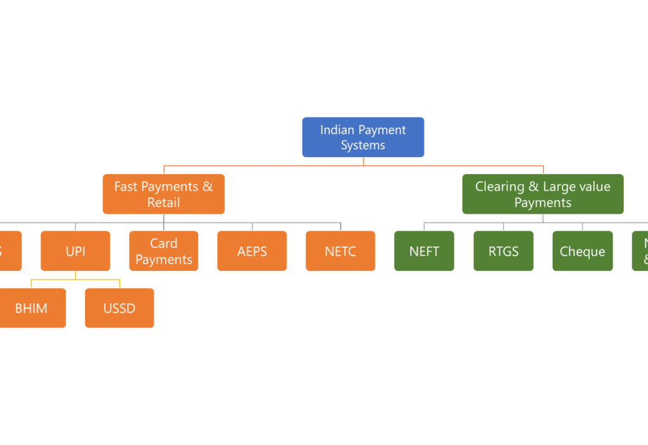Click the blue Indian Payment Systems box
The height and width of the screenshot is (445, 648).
tap(363, 137)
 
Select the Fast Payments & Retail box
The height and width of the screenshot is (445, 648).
tap(163, 194)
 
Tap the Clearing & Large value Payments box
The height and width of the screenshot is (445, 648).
tap(543, 194)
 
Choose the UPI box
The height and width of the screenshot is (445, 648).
tap(75, 251)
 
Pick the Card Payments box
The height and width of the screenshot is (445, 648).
tap(163, 251)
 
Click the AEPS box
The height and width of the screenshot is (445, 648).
tap(252, 251)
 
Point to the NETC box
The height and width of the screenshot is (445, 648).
tap(340, 251)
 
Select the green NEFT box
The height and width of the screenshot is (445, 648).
tap(424, 251)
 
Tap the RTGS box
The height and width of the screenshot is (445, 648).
tap(503, 251)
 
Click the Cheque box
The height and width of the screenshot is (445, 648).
tap(582, 251)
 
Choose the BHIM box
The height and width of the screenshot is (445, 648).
tap(31, 308)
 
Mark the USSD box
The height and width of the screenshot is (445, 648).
tap(119, 308)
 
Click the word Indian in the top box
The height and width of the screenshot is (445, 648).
tap(335, 130)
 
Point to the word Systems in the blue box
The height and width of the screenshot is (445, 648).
tap(363, 145)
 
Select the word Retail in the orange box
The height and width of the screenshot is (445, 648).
tap(163, 202)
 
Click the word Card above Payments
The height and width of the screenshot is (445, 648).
tap(163, 243)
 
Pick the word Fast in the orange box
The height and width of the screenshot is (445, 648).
tap(126, 186)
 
